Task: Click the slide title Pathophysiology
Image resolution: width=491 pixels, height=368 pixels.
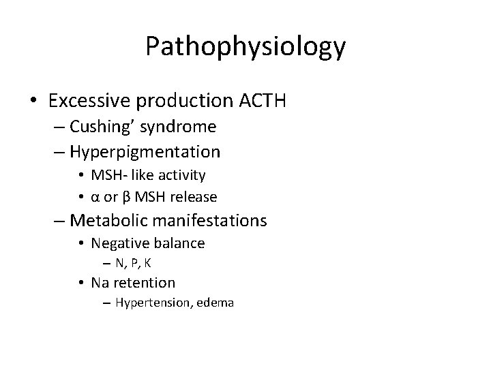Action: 245,48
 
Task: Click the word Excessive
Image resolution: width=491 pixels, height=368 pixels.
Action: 91,101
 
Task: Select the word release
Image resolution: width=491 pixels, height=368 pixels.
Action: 194,198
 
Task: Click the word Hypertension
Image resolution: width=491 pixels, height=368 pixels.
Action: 153,303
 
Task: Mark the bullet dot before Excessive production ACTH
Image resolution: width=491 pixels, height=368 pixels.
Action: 33,102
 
